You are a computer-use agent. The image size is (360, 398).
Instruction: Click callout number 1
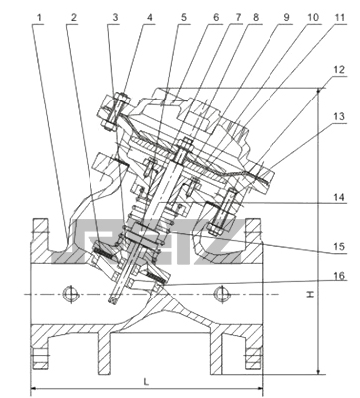pos(40,17)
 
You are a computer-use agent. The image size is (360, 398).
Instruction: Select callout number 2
pos(74,17)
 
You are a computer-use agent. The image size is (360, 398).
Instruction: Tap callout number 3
pos(115,17)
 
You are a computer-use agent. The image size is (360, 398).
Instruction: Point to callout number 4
pos(150,17)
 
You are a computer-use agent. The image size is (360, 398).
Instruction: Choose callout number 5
pos(184,17)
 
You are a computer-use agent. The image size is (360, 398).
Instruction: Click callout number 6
pos(216,17)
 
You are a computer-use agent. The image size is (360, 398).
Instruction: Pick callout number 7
pos(238,17)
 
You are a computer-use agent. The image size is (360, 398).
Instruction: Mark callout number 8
pos(256,17)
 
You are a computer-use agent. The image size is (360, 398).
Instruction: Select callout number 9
pos(286,17)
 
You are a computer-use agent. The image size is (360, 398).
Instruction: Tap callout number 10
pos(312,17)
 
